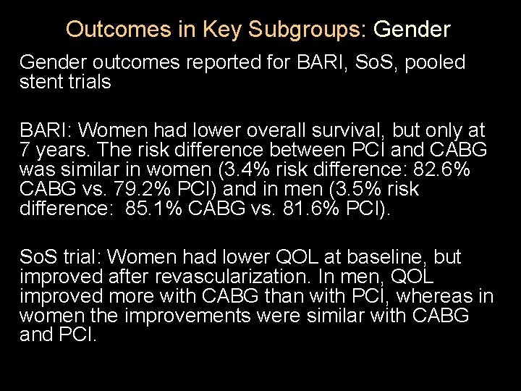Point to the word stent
pos(40,82)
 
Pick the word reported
pos(227,63)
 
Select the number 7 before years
pos(25,151)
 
